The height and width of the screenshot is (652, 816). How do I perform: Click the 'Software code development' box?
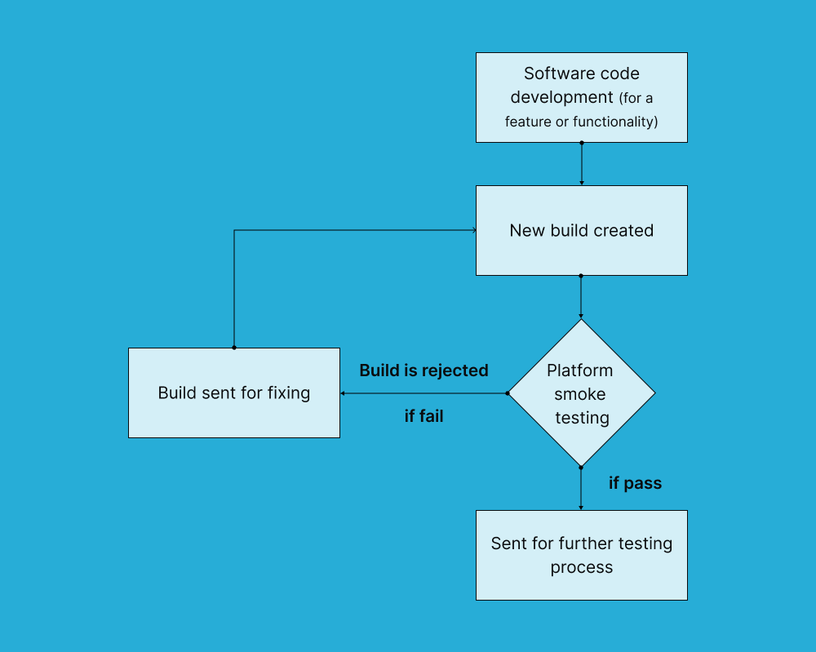click(x=581, y=97)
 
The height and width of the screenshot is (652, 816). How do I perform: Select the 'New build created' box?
click(x=581, y=230)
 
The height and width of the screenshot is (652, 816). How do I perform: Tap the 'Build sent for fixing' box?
click(x=234, y=393)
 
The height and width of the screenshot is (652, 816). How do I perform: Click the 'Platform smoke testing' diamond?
click(x=581, y=393)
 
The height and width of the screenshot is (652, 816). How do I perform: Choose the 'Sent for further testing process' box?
click(x=581, y=555)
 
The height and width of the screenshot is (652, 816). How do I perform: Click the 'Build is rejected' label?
click(x=424, y=370)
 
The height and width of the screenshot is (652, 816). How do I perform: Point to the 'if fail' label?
click(x=424, y=416)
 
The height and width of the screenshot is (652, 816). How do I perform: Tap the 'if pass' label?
click(x=635, y=483)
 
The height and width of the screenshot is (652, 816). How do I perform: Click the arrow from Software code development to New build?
click(x=581, y=164)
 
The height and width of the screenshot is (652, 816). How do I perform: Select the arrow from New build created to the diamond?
click(x=581, y=296)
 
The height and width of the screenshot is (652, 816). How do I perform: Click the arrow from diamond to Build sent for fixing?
click(x=424, y=393)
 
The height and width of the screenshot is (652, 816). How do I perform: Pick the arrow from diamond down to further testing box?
click(x=581, y=488)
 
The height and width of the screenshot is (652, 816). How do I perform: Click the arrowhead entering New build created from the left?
click(x=474, y=230)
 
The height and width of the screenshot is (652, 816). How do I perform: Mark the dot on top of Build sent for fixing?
click(x=234, y=348)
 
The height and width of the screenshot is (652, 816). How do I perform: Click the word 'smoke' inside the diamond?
click(x=580, y=394)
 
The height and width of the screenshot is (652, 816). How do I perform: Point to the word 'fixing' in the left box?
click(x=287, y=393)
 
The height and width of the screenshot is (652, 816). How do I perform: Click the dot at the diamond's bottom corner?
click(x=581, y=467)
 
